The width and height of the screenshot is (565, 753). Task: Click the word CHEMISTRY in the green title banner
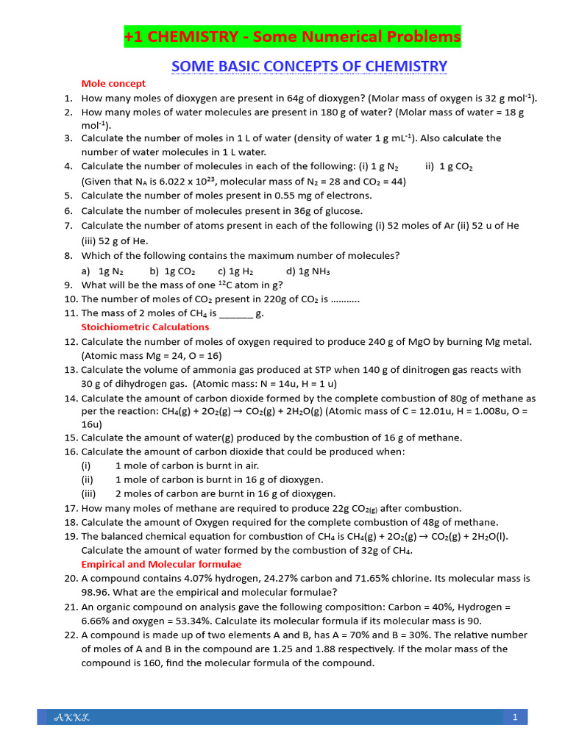click(193, 36)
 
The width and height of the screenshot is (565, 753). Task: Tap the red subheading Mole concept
click(113, 83)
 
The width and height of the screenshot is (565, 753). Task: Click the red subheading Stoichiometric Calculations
click(145, 326)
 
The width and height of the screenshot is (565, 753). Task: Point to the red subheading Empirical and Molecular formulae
click(160, 564)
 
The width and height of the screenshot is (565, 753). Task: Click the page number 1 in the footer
click(516, 716)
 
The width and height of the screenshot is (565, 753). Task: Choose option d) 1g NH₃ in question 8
click(308, 271)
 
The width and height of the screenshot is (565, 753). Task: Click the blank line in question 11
click(235, 313)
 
